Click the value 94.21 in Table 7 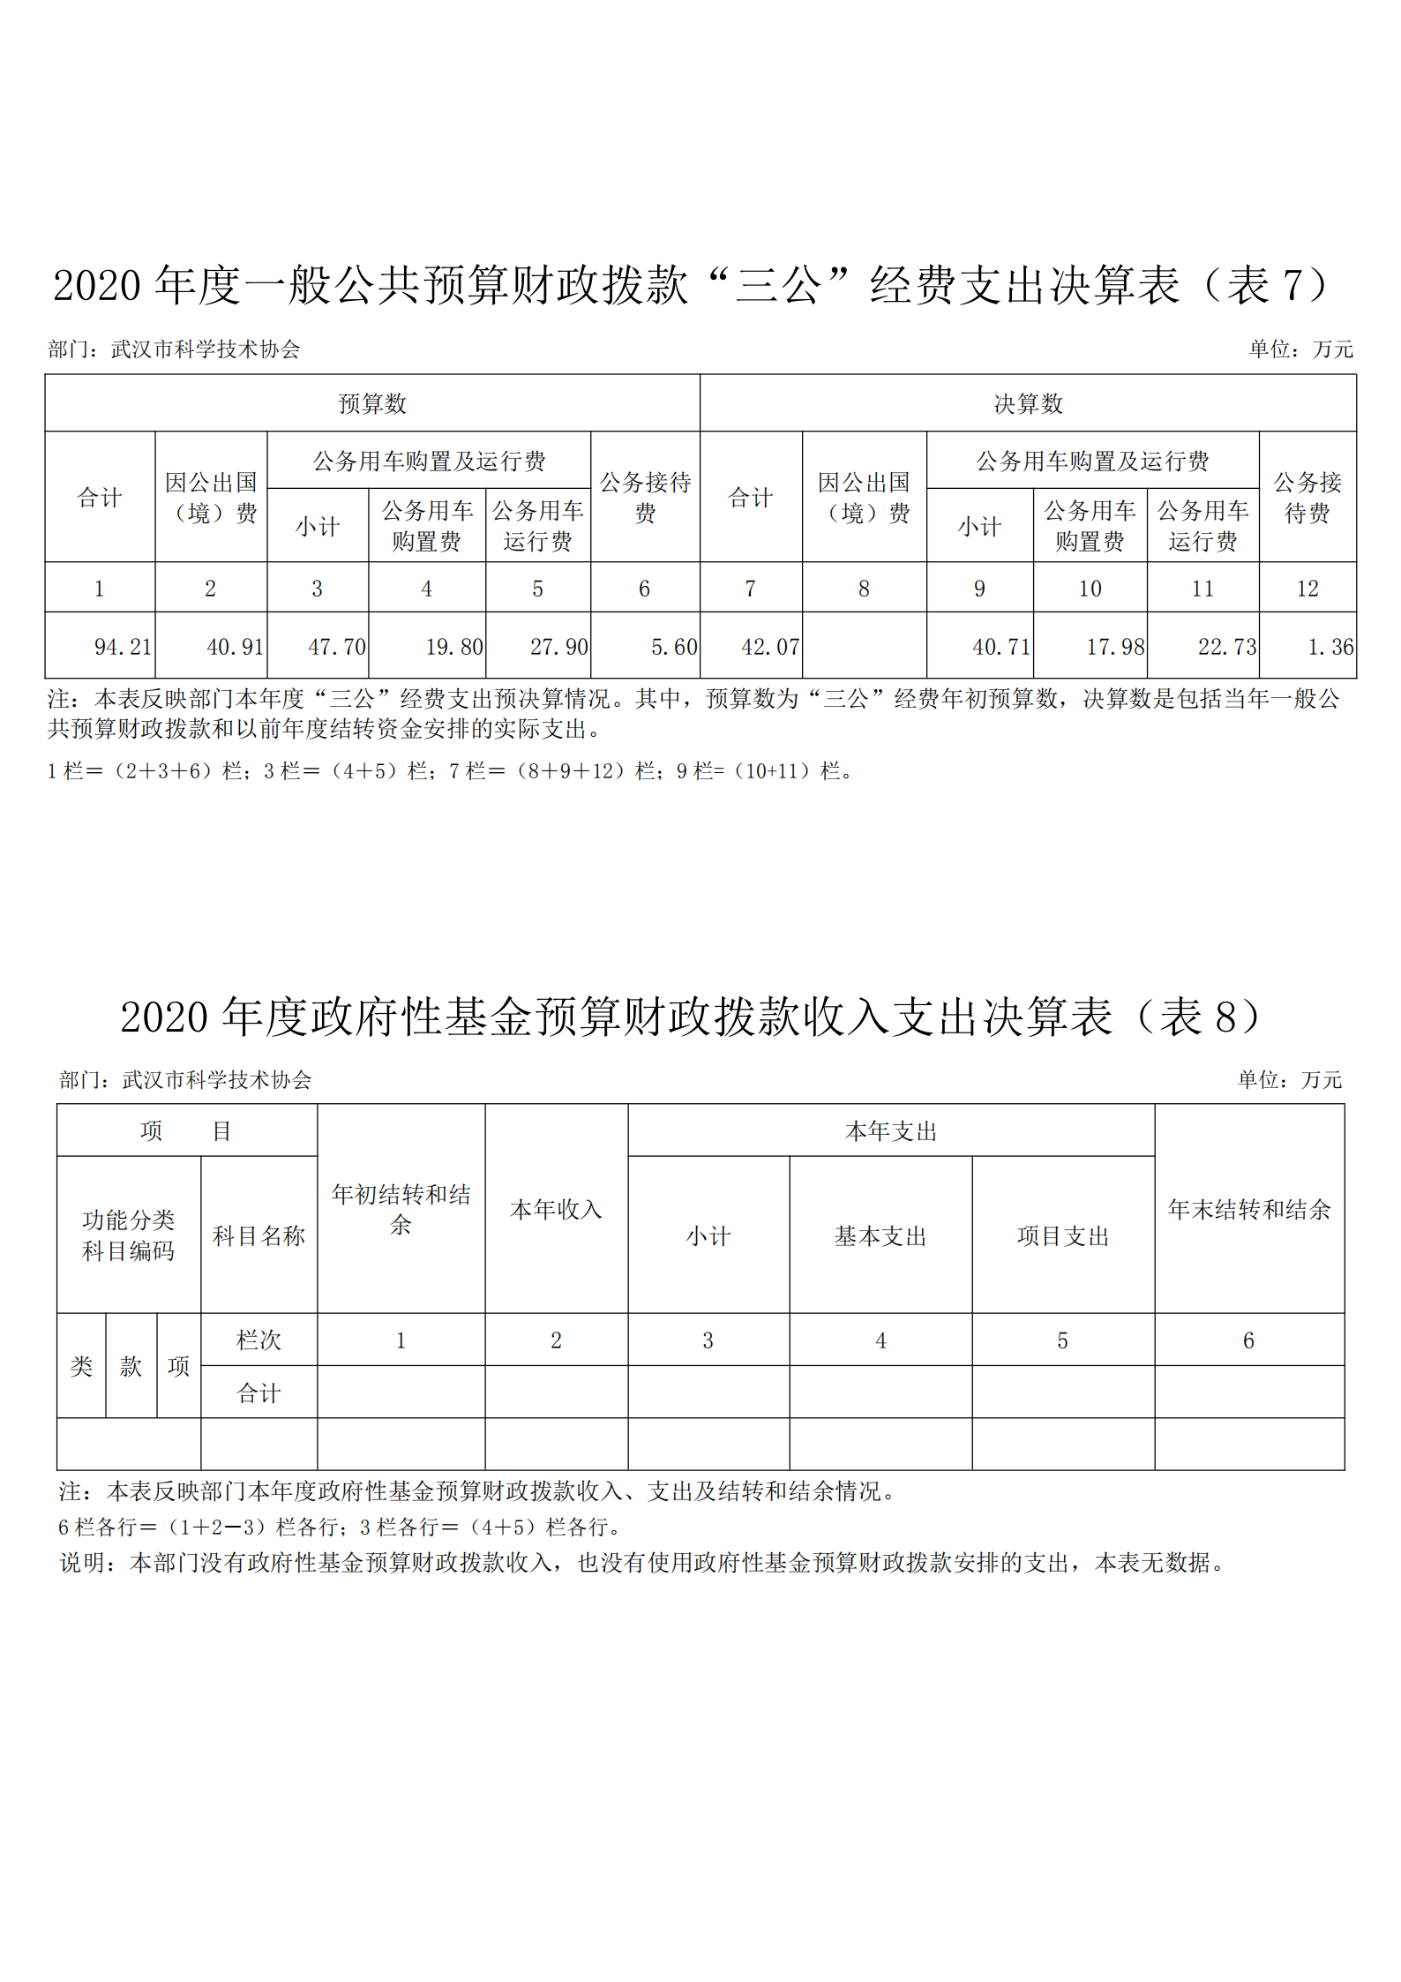pyautogui.click(x=123, y=647)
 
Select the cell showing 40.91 pyautogui.click(x=235, y=647)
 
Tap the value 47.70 pyautogui.click(x=336, y=647)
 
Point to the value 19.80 pyautogui.click(x=453, y=647)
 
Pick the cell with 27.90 pyautogui.click(x=558, y=647)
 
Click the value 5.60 pyautogui.click(x=673, y=647)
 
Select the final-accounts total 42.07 pyautogui.click(x=769, y=647)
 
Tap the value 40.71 pyautogui.click(x=1000, y=647)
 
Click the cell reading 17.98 pyautogui.click(x=1114, y=647)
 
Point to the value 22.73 pyautogui.click(x=1226, y=647)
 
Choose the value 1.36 pyautogui.click(x=1330, y=647)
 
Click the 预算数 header pyautogui.click(x=372, y=404)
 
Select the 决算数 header pyautogui.click(x=1028, y=404)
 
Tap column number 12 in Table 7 pyautogui.click(x=1307, y=589)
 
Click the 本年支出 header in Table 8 pyautogui.click(x=890, y=1131)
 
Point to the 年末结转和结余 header pyautogui.click(x=1248, y=1209)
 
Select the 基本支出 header pyautogui.click(x=880, y=1236)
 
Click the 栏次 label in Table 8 pyautogui.click(x=258, y=1340)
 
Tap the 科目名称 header pyautogui.click(x=258, y=1236)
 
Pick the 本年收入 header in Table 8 pyautogui.click(x=556, y=1209)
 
